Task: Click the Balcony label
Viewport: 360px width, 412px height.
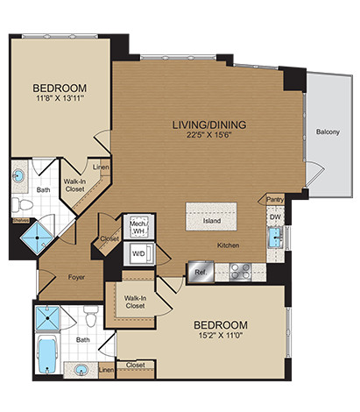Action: (328, 132)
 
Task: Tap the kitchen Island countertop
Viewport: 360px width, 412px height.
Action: (211, 217)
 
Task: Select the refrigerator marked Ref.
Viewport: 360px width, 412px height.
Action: (201, 272)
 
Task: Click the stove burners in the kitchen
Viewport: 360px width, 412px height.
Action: (240, 272)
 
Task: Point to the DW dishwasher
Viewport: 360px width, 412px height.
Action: (275, 217)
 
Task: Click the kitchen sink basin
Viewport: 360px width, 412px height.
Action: (275, 238)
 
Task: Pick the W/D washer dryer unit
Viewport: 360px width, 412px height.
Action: (138, 253)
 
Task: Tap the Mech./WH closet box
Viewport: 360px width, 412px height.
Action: (139, 227)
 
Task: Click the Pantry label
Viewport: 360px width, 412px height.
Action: (275, 200)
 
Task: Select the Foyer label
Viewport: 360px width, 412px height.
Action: (76, 277)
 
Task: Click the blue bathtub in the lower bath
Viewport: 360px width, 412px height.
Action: (47, 354)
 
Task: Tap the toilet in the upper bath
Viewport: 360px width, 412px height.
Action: (22, 204)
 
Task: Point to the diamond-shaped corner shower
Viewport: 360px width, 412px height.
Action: (38, 238)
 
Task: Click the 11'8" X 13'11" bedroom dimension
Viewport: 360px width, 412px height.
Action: (60, 98)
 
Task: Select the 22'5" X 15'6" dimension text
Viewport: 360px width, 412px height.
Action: (209, 135)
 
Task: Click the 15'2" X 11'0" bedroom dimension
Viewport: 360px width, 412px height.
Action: (221, 335)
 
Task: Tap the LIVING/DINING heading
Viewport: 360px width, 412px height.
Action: (209, 124)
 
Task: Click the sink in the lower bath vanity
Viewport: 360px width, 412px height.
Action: (81, 370)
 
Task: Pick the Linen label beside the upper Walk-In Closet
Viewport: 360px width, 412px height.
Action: (101, 167)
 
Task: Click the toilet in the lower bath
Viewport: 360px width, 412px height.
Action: (90, 316)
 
